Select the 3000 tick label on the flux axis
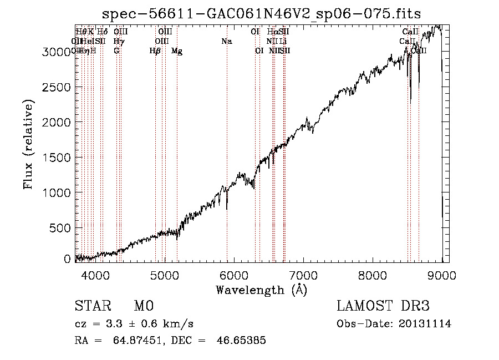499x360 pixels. (57, 52)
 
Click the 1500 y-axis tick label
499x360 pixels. (57, 158)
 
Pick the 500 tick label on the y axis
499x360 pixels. (61, 228)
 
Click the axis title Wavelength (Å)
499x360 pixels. (262, 290)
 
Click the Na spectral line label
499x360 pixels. (227, 41)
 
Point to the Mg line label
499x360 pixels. (177, 51)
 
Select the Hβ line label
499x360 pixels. (155, 51)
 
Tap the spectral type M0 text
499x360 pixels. (143, 307)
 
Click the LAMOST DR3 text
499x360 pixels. (383, 307)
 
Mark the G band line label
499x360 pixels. (116, 51)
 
